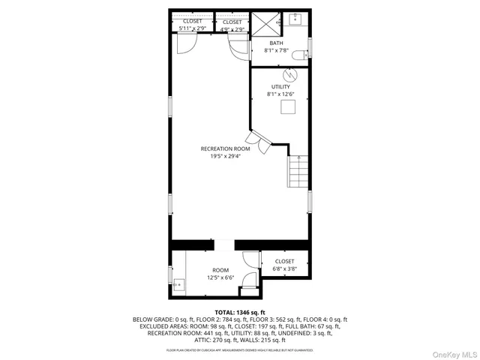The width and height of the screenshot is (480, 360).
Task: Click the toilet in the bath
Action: coord(301,54)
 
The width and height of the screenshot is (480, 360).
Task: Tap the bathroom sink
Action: coord(295,19)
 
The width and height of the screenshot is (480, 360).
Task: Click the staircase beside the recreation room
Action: coord(298,172)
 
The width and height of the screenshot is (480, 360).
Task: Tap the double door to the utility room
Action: coord(259,142)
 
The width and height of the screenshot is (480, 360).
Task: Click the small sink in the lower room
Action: coord(179,284)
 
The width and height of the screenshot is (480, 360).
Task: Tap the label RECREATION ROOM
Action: coord(225,148)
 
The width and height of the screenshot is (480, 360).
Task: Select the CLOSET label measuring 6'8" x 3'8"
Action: coord(284,262)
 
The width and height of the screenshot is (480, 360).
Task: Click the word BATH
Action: coord(277,43)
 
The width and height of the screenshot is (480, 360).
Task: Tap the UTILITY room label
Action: coord(280,87)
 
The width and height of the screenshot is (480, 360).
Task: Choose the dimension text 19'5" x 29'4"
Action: coord(225,157)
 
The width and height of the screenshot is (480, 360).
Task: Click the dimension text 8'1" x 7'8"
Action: coord(277,51)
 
